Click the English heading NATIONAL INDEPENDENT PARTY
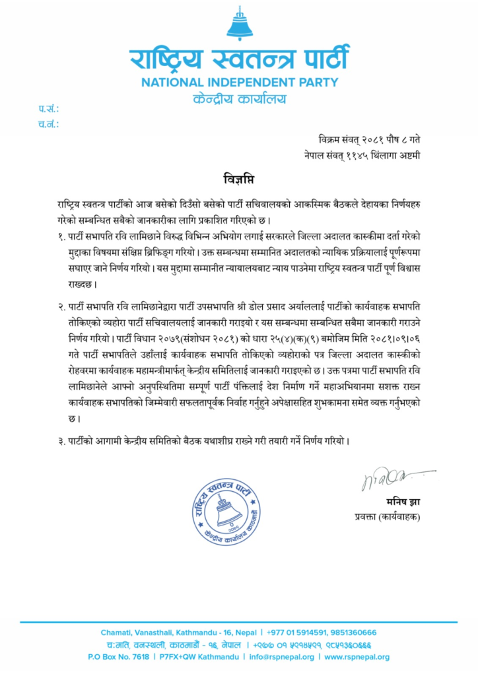pyautogui.click(x=239, y=83)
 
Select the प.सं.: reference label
pyautogui.click(x=48, y=108)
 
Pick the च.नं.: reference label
pyautogui.click(x=48, y=123)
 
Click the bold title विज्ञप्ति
pyautogui.click(x=238, y=179)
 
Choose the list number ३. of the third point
pyautogui.click(x=61, y=441)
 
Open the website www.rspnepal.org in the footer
pyautogui.click(x=357, y=657)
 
